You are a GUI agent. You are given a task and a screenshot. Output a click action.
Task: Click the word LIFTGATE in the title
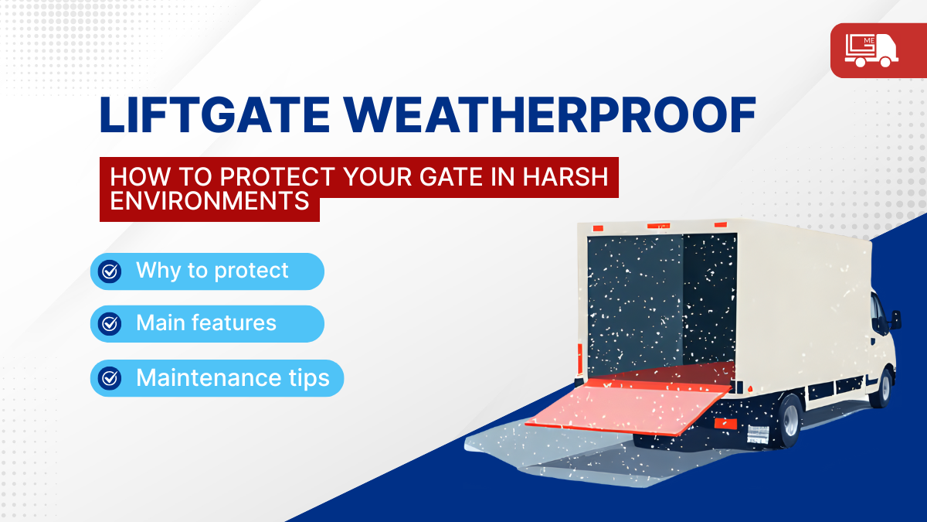pyautogui.click(x=215, y=114)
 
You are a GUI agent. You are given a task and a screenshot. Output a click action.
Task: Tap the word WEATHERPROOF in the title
pyautogui.click(x=550, y=114)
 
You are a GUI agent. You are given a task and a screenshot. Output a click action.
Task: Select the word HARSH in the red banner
pyautogui.click(x=565, y=177)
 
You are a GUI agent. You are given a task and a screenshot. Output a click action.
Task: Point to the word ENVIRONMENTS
pyautogui.click(x=209, y=201)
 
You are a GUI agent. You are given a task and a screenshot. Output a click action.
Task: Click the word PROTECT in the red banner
pyautogui.click(x=277, y=177)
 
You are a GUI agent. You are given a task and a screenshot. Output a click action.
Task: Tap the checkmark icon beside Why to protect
pyautogui.click(x=110, y=271)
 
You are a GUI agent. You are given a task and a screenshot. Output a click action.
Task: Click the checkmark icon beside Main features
pyautogui.click(x=110, y=324)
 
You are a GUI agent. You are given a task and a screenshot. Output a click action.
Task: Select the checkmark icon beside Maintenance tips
pyautogui.click(x=110, y=378)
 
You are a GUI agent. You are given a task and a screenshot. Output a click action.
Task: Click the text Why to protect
pyautogui.click(x=212, y=271)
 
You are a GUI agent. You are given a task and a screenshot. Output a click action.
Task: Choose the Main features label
pyautogui.click(x=206, y=322)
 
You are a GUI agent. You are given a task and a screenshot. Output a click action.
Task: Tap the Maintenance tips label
pyautogui.click(x=233, y=378)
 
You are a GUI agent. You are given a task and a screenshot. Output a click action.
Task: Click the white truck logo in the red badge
pyautogui.click(x=871, y=50)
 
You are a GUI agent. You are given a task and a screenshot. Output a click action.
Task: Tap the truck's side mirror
pyautogui.click(x=896, y=320)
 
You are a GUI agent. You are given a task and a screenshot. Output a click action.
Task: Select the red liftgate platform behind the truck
pyautogui.click(x=629, y=407)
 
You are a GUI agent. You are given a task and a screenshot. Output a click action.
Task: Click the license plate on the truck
pyautogui.click(x=758, y=434)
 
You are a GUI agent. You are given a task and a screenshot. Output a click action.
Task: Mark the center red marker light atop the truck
pyautogui.click(x=658, y=226)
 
